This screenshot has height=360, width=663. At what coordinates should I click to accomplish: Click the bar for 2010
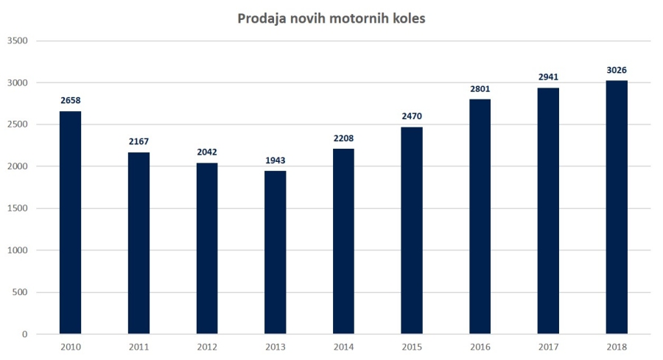[x=71, y=222]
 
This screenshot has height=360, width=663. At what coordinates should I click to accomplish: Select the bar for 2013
[x=276, y=253]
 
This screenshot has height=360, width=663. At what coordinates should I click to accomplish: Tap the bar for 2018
[x=617, y=207]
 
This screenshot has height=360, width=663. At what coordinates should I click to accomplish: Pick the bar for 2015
[x=412, y=230]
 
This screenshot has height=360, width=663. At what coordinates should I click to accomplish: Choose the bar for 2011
[x=138, y=243]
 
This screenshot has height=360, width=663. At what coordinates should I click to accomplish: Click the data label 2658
[x=71, y=101]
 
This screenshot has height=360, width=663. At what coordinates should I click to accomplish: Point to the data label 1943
[x=276, y=160]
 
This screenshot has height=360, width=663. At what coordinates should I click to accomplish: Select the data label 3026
[x=617, y=70]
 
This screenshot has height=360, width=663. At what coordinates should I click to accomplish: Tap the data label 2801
[x=480, y=89]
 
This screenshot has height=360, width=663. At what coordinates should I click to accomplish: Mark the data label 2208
[x=343, y=138]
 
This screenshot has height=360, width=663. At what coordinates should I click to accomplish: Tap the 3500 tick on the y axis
[x=17, y=40]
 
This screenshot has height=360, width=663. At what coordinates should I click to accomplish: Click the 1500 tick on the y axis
[x=17, y=208]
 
